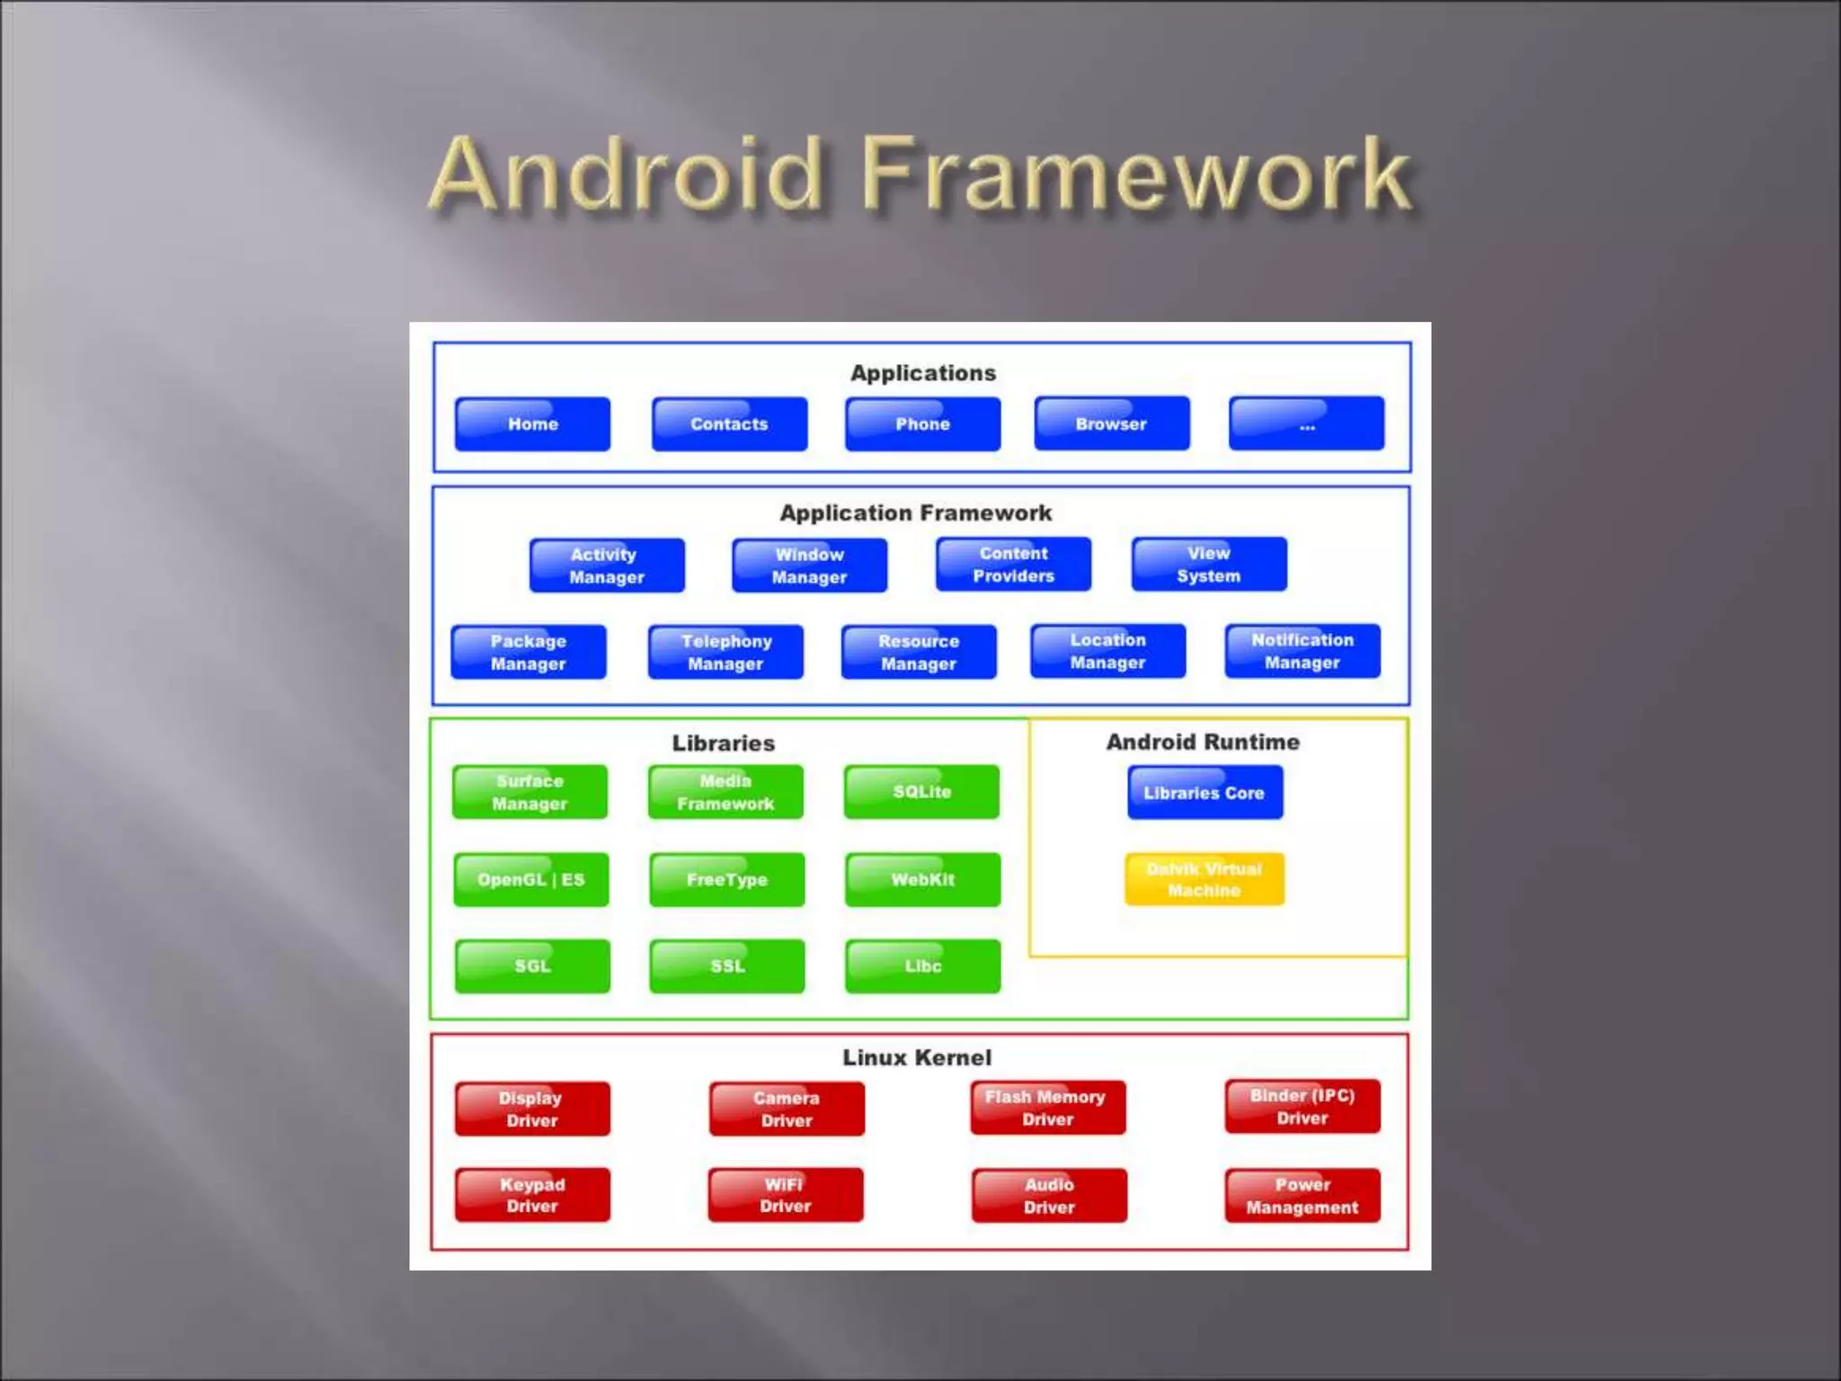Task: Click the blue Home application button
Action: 532,423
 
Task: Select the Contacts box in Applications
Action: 729,423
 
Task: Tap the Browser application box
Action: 1111,423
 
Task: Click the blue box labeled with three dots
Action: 1306,423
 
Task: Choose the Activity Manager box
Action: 607,566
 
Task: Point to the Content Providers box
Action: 1013,565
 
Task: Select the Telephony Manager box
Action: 725,652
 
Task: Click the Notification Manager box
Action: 1302,651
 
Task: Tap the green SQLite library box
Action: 921,791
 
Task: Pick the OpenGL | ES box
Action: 531,879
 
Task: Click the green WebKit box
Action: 922,879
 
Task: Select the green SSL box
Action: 727,966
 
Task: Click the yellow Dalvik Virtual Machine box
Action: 1204,879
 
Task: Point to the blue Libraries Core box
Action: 1205,792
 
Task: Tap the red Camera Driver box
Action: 787,1109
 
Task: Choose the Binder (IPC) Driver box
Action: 1302,1107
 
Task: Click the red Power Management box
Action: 1302,1195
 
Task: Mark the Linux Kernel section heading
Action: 917,1057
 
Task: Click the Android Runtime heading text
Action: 1203,742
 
